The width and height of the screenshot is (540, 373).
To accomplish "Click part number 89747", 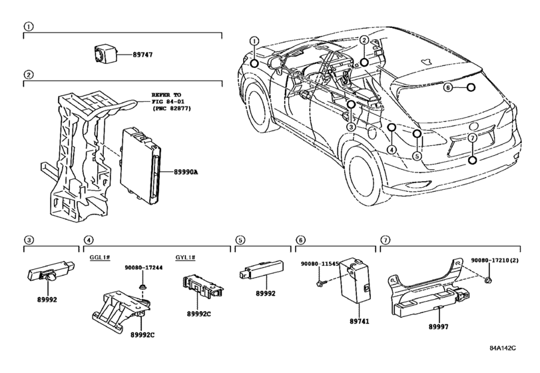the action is [142, 55].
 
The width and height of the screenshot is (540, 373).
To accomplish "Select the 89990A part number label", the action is [186, 172].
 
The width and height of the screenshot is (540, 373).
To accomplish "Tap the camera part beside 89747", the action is [105, 53].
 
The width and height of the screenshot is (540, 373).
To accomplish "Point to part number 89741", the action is [359, 321].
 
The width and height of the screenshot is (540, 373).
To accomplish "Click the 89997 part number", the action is [438, 326].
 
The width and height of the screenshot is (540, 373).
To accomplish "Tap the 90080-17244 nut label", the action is [144, 267].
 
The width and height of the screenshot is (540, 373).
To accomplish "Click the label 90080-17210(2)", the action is [495, 260].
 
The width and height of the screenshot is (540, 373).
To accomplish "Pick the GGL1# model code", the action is [100, 257].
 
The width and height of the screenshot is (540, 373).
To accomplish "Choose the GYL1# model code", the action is [185, 257].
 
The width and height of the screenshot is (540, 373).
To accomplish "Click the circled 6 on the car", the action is [447, 87].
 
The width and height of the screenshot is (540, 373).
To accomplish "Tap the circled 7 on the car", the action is [473, 138].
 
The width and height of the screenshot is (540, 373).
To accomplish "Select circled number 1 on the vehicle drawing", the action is [254, 41].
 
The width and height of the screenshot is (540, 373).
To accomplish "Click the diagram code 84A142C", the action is [503, 348].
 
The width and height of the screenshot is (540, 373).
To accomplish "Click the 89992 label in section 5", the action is [266, 294].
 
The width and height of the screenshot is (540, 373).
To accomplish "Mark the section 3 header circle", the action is [29, 240].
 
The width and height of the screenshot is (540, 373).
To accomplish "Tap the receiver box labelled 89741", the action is [356, 280].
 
